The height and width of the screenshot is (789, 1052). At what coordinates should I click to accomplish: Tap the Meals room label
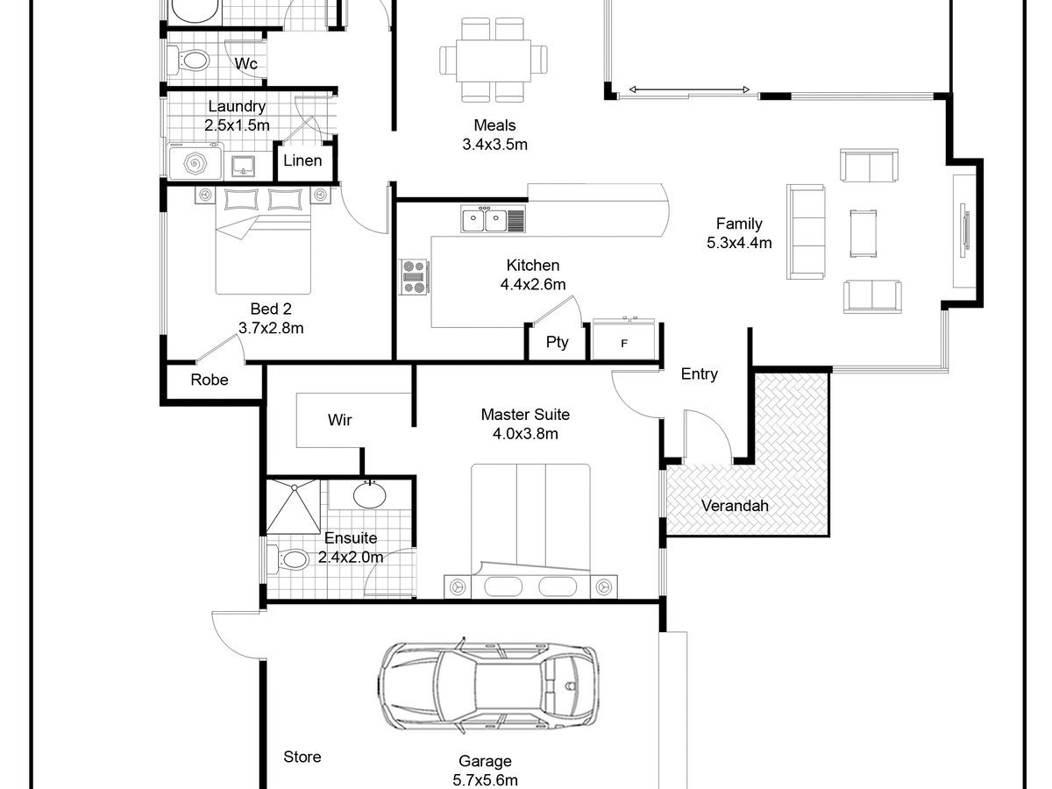click(494, 125)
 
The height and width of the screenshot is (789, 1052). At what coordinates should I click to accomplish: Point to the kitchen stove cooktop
click(415, 277)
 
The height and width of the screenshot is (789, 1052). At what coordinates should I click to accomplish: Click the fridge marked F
click(623, 339)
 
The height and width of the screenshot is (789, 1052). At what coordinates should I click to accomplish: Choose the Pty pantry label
click(557, 343)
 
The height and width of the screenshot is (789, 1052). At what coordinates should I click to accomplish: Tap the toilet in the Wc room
click(188, 60)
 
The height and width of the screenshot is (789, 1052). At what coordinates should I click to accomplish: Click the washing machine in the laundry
click(195, 162)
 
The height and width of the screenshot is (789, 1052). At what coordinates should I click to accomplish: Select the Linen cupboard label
click(302, 160)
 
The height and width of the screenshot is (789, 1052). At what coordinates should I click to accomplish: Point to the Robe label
click(210, 380)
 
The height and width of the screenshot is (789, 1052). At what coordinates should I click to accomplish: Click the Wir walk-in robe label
click(340, 420)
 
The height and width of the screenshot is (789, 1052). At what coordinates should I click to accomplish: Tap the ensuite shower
click(294, 507)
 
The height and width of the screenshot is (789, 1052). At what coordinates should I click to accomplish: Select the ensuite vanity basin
click(370, 494)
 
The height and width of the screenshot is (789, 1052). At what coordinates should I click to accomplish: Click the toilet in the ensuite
click(288, 559)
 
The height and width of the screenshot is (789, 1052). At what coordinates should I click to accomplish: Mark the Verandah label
click(735, 506)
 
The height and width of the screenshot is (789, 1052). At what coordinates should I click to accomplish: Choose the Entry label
click(700, 374)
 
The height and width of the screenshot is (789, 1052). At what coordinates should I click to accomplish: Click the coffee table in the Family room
click(864, 234)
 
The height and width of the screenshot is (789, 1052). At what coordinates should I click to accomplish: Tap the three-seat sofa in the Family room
click(806, 231)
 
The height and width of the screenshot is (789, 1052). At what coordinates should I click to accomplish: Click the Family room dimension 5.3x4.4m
click(739, 243)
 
